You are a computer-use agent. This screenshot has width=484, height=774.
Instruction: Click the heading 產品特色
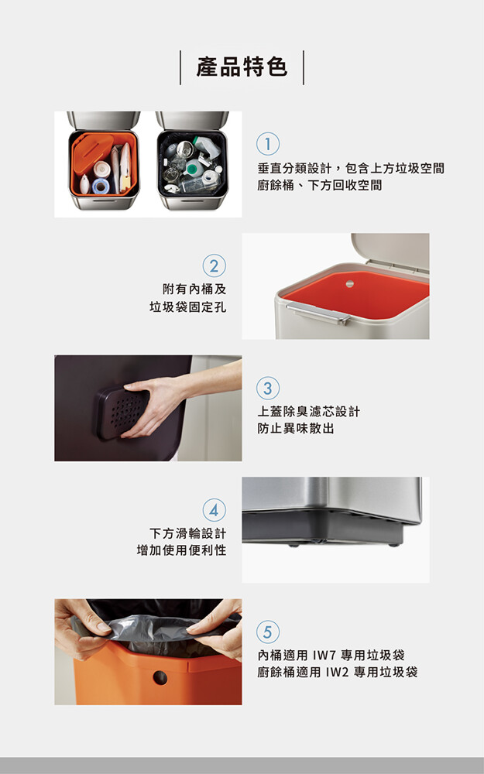242,67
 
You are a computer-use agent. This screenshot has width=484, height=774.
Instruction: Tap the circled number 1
268,144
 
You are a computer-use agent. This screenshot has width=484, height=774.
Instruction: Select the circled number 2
214,265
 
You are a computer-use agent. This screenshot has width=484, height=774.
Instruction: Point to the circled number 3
268,388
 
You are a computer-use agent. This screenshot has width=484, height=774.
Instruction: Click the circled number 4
214,510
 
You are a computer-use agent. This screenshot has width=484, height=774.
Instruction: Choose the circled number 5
268,632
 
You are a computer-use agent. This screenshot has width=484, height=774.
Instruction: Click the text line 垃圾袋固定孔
187,307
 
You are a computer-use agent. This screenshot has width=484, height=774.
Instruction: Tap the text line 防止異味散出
295,429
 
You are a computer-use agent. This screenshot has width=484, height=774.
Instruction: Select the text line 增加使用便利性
181,550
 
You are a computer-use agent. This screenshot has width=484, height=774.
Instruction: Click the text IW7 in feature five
324,656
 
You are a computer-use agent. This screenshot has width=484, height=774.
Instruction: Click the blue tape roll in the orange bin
101,186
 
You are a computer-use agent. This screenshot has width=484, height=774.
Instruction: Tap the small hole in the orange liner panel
350,284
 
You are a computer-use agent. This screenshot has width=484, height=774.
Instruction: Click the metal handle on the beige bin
318,313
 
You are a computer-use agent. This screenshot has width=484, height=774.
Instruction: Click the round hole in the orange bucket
160,678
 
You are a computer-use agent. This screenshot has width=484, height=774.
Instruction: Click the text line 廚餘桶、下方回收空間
320,186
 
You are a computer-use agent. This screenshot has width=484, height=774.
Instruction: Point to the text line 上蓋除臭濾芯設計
309,412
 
